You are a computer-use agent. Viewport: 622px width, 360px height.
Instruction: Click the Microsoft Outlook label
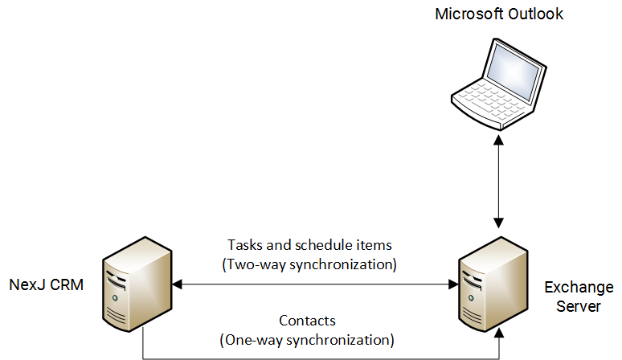(x=499, y=14)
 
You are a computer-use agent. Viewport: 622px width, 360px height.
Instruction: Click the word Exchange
(x=579, y=288)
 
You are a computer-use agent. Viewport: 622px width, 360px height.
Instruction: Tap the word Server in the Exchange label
(x=579, y=306)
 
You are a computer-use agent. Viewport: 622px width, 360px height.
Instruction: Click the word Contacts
(x=307, y=320)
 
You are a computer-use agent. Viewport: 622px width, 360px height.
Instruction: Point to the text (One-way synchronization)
(x=307, y=338)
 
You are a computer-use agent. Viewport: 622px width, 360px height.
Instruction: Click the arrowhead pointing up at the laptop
(x=500, y=138)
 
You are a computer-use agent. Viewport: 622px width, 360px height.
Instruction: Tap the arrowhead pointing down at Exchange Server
(x=500, y=221)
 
